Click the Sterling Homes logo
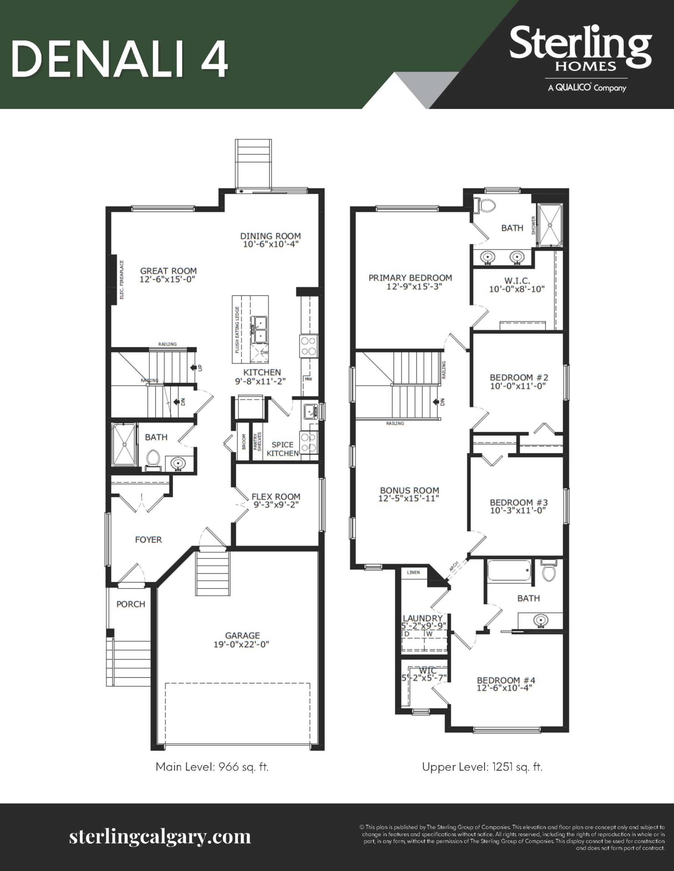[x=580, y=58]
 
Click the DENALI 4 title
[x=119, y=59]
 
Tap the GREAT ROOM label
[x=168, y=271]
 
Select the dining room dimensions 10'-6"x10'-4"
[x=271, y=244]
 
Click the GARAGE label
[x=243, y=636]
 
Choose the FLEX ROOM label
[x=276, y=497]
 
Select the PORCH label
[x=131, y=604]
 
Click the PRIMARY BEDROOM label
[x=410, y=278]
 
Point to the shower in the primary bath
[x=550, y=225]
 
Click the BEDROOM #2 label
[x=519, y=377]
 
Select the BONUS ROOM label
[x=409, y=490]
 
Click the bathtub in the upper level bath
[x=509, y=570]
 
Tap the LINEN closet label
[x=413, y=573]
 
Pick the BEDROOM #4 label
[x=506, y=680]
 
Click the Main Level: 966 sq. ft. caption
[x=212, y=767]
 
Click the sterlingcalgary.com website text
[x=160, y=836]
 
